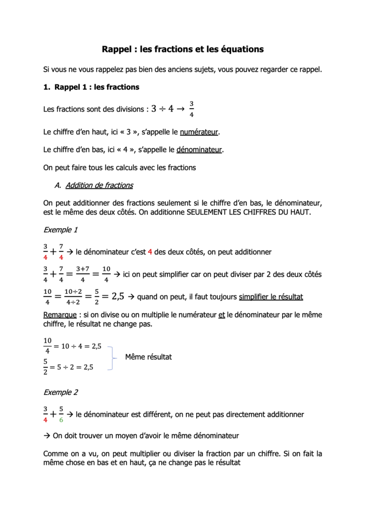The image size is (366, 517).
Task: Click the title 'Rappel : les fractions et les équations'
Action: click(x=182, y=49)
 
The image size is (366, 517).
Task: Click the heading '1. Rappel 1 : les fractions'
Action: click(x=91, y=87)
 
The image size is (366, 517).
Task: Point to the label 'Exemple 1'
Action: click(x=61, y=230)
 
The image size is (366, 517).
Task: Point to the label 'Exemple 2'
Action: click(x=61, y=392)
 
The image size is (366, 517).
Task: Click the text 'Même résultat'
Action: click(x=149, y=357)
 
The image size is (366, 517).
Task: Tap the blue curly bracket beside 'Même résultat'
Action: click(x=111, y=357)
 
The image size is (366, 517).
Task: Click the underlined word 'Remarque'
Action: click(x=58, y=315)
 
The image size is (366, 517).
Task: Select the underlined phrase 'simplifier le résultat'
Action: click(x=271, y=297)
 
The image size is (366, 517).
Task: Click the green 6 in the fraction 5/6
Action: click(x=61, y=420)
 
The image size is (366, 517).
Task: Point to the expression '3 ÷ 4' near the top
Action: click(x=162, y=109)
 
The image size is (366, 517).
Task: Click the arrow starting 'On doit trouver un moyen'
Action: click(x=47, y=435)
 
